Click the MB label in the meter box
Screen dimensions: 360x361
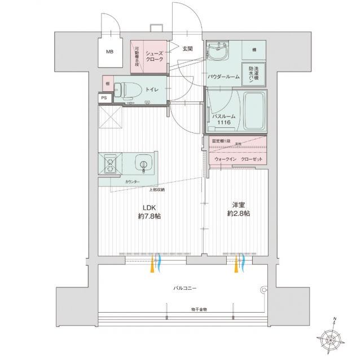point(109,53)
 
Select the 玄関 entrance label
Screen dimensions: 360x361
point(188,48)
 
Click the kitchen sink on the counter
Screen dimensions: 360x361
point(144,165)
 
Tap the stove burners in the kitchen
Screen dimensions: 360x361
point(108,164)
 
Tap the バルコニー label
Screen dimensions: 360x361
point(184,288)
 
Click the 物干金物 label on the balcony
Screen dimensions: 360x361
point(199,309)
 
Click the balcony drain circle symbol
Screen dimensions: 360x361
point(262,290)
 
